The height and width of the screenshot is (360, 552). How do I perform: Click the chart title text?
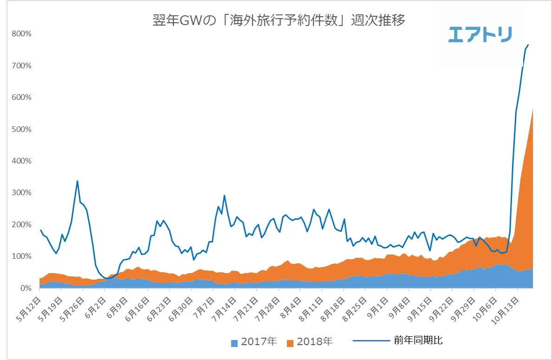pos(279,21)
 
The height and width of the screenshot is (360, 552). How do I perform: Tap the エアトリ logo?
pos(480,35)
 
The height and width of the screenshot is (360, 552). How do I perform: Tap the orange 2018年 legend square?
pos(290,343)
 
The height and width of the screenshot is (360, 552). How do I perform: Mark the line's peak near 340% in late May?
pos(77,181)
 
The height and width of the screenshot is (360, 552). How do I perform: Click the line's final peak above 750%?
pos(528,45)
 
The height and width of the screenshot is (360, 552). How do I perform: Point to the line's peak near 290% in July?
pos(224,196)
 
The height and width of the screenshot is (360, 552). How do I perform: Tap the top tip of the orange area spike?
pos(532,109)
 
